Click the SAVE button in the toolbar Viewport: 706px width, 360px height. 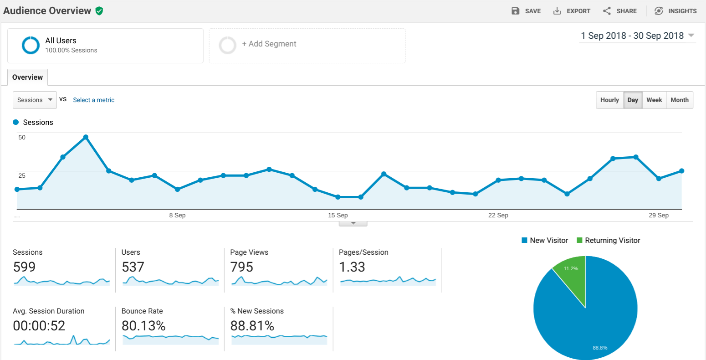pos(526,11)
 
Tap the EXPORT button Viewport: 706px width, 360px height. pos(572,11)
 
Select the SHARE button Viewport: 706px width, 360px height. pos(620,11)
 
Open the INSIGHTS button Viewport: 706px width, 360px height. pos(675,11)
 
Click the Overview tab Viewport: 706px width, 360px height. pos(27,77)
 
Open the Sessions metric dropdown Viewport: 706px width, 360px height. pos(35,100)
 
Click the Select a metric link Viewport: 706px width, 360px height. pos(94,100)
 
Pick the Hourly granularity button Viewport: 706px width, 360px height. pos(609,100)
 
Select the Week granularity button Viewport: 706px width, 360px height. pos(655,100)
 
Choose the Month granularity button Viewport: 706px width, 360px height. pos(680,100)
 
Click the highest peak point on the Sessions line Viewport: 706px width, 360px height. pos(86,137)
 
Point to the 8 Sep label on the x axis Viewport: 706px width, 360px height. pos(177,215)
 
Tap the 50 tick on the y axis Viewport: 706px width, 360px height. pos(22,138)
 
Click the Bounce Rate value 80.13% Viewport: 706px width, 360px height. pos(143,326)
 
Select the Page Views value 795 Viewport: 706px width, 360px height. pos(241,267)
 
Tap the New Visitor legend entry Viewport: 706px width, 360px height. pos(545,240)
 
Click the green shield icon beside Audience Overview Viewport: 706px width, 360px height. pos(99,11)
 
